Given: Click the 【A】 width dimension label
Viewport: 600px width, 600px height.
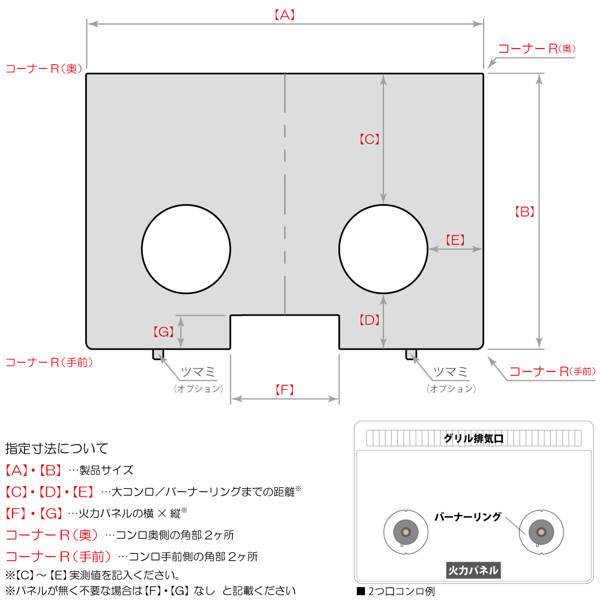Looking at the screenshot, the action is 284,15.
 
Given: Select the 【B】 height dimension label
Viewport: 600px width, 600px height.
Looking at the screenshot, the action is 524,212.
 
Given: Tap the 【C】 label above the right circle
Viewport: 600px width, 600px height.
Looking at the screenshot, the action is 369,139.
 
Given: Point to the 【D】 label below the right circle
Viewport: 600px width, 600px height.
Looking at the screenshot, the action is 369,320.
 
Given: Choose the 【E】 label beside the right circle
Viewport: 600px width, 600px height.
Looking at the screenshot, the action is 455,240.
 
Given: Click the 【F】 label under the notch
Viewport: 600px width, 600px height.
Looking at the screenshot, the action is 284,390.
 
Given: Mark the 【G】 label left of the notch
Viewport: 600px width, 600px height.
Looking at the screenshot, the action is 163,332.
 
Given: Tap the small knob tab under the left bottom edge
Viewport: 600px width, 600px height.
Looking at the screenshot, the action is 158,355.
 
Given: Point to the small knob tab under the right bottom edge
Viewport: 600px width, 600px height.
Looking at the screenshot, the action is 411,355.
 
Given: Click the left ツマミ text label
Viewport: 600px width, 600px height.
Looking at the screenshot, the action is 198,371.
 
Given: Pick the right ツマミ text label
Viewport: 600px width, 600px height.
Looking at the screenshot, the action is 451,371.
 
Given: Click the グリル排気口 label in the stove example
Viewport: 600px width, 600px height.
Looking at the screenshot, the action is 473,438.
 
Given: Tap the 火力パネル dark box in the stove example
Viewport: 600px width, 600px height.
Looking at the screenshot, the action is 473,570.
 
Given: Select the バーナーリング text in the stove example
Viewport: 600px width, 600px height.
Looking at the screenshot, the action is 467,517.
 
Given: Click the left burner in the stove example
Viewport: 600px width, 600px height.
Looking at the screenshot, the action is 406,532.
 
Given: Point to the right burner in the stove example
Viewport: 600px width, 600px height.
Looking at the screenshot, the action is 541,532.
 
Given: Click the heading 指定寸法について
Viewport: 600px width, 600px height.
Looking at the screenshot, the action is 56,448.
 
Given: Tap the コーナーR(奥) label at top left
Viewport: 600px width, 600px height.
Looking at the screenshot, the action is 44,69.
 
